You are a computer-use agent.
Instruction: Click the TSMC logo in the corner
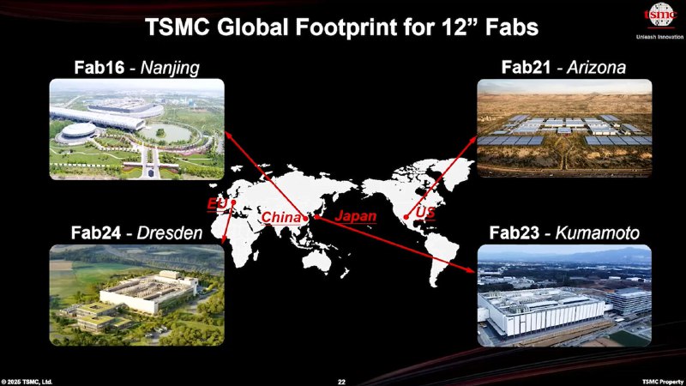pyautogui.click(x=660, y=15)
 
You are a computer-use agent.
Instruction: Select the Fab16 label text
pyautogui.click(x=99, y=68)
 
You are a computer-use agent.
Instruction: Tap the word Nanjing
pyautogui.click(x=170, y=69)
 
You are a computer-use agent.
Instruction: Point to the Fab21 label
pyautogui.click(x=526, y=68)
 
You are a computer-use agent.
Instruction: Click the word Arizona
pyautogui.click(x=596, y=68)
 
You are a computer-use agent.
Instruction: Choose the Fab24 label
pyautogui.click(x=96, y=232)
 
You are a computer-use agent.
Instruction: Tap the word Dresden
pyautogui.click(x=170, y=232)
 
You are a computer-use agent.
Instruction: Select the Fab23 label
pyautogui.click(x=514, y=232)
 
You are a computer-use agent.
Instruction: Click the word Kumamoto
pyautogui.click(x=597, y=232)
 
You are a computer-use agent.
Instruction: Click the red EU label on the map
pyautogui.click(x=217, y=204)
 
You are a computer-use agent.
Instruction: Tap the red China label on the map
pyautogui.click(x=281, y=217)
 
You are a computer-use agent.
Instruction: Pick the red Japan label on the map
pyautogui.click(x=356, y=216)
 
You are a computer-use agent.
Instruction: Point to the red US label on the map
pyautogui.click(x=425, y=212)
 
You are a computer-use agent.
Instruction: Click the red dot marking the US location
pyautogui.click(x=406, y=217)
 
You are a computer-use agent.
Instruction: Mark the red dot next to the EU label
pyautogui.click(x=233, y=202)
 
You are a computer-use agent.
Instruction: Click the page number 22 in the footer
pyautogui.click(x=341, y=382)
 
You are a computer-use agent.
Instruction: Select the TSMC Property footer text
pyautogui.click(x=662, y=382)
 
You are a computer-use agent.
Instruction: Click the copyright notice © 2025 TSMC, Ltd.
pyautogui.click(x=27, y=382)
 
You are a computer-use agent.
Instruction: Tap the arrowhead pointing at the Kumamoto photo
pyautogui.click(x=470, y=269)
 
